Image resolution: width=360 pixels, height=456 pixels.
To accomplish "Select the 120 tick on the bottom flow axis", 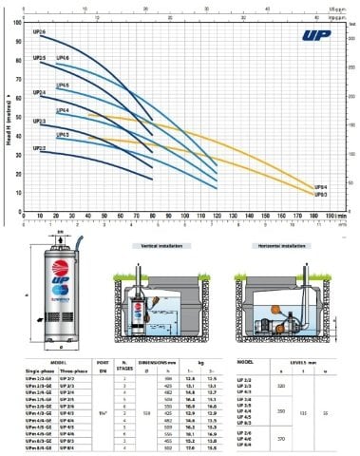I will coord(218,218).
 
